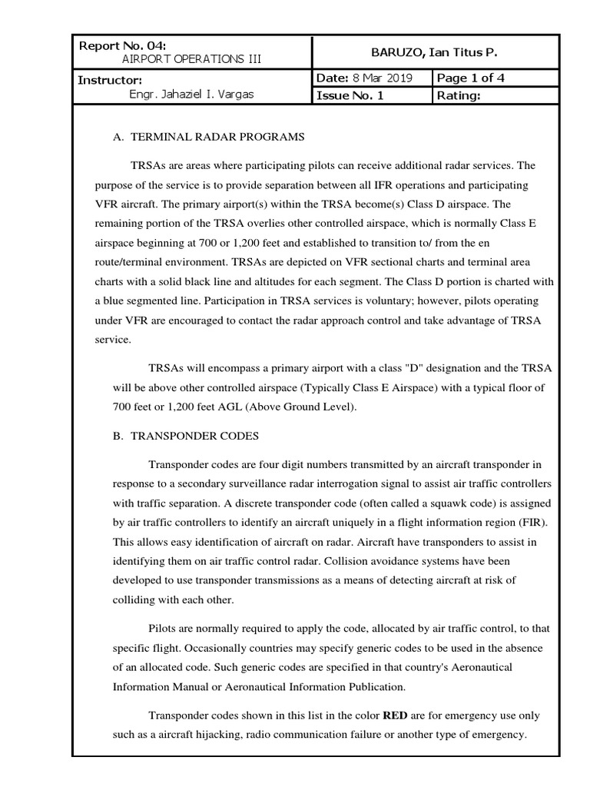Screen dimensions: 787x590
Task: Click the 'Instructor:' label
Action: (x=109, y=80)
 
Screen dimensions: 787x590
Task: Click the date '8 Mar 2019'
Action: (x=382, y=78)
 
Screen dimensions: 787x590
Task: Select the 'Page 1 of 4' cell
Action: (x=471, y=78)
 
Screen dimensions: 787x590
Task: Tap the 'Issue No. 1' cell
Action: (x=350, y=95)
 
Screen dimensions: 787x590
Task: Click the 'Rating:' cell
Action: (x=459, y=95)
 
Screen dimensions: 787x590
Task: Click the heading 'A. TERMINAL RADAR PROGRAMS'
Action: (x=208, y=137)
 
